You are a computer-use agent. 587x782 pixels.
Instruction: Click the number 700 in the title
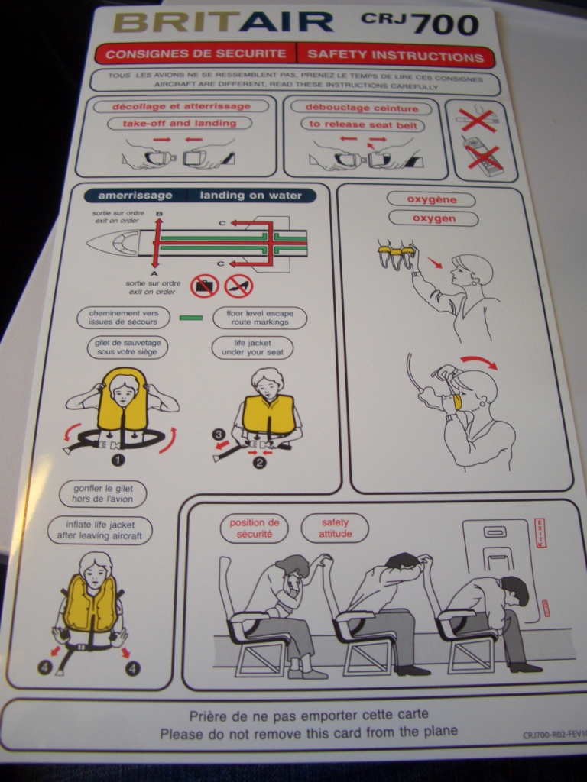coord(446,24)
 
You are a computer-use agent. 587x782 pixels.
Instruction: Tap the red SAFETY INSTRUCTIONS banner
coord(395,55)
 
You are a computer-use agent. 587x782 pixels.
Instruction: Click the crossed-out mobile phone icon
coord(484,156)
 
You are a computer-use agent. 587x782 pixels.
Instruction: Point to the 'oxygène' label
coord(431,199)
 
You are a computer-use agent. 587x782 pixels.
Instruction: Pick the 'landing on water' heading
coord(251,195)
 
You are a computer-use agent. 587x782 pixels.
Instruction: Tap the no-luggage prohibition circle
coord(205,286)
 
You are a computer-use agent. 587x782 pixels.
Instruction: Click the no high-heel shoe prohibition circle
coord(238,286)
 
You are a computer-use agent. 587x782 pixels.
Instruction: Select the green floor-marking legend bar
coord(190,318)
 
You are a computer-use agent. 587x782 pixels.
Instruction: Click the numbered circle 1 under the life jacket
coord(118,460)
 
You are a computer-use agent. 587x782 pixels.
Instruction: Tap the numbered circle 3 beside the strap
coord(219,435)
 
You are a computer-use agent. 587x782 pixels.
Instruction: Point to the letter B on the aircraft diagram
coord(159,214)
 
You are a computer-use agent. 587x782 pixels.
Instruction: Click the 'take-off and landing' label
coord(180,123)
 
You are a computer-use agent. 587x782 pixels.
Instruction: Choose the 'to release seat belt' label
coord(363,124)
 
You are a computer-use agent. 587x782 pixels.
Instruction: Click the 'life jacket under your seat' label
coord(252,347)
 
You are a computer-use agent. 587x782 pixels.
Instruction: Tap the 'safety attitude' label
coord(335,528)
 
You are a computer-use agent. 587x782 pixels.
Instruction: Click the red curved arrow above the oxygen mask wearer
coord(479,361)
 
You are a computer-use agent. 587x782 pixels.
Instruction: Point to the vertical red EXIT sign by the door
coord(540,532)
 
